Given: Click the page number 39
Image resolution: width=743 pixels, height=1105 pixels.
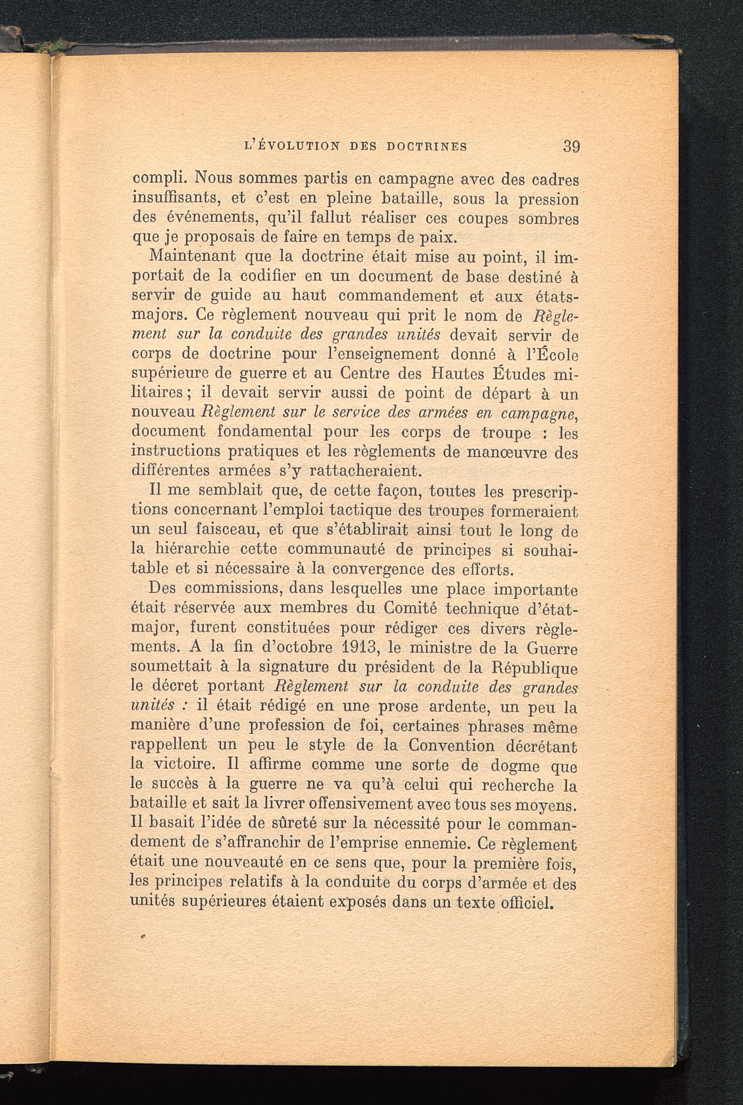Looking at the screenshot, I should pos(571,146).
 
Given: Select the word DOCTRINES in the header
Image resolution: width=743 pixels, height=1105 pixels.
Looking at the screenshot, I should pos(427,147).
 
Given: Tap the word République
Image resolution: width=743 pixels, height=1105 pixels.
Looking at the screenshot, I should pos(536,668).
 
